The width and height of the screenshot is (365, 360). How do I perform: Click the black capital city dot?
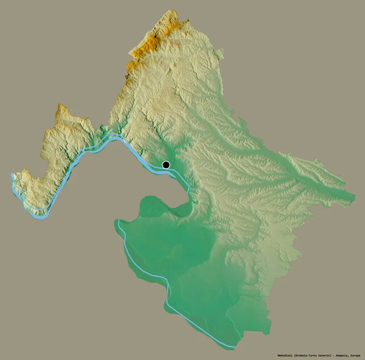click(166, 164)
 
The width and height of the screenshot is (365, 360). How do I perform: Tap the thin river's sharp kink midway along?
click(165, 280)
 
